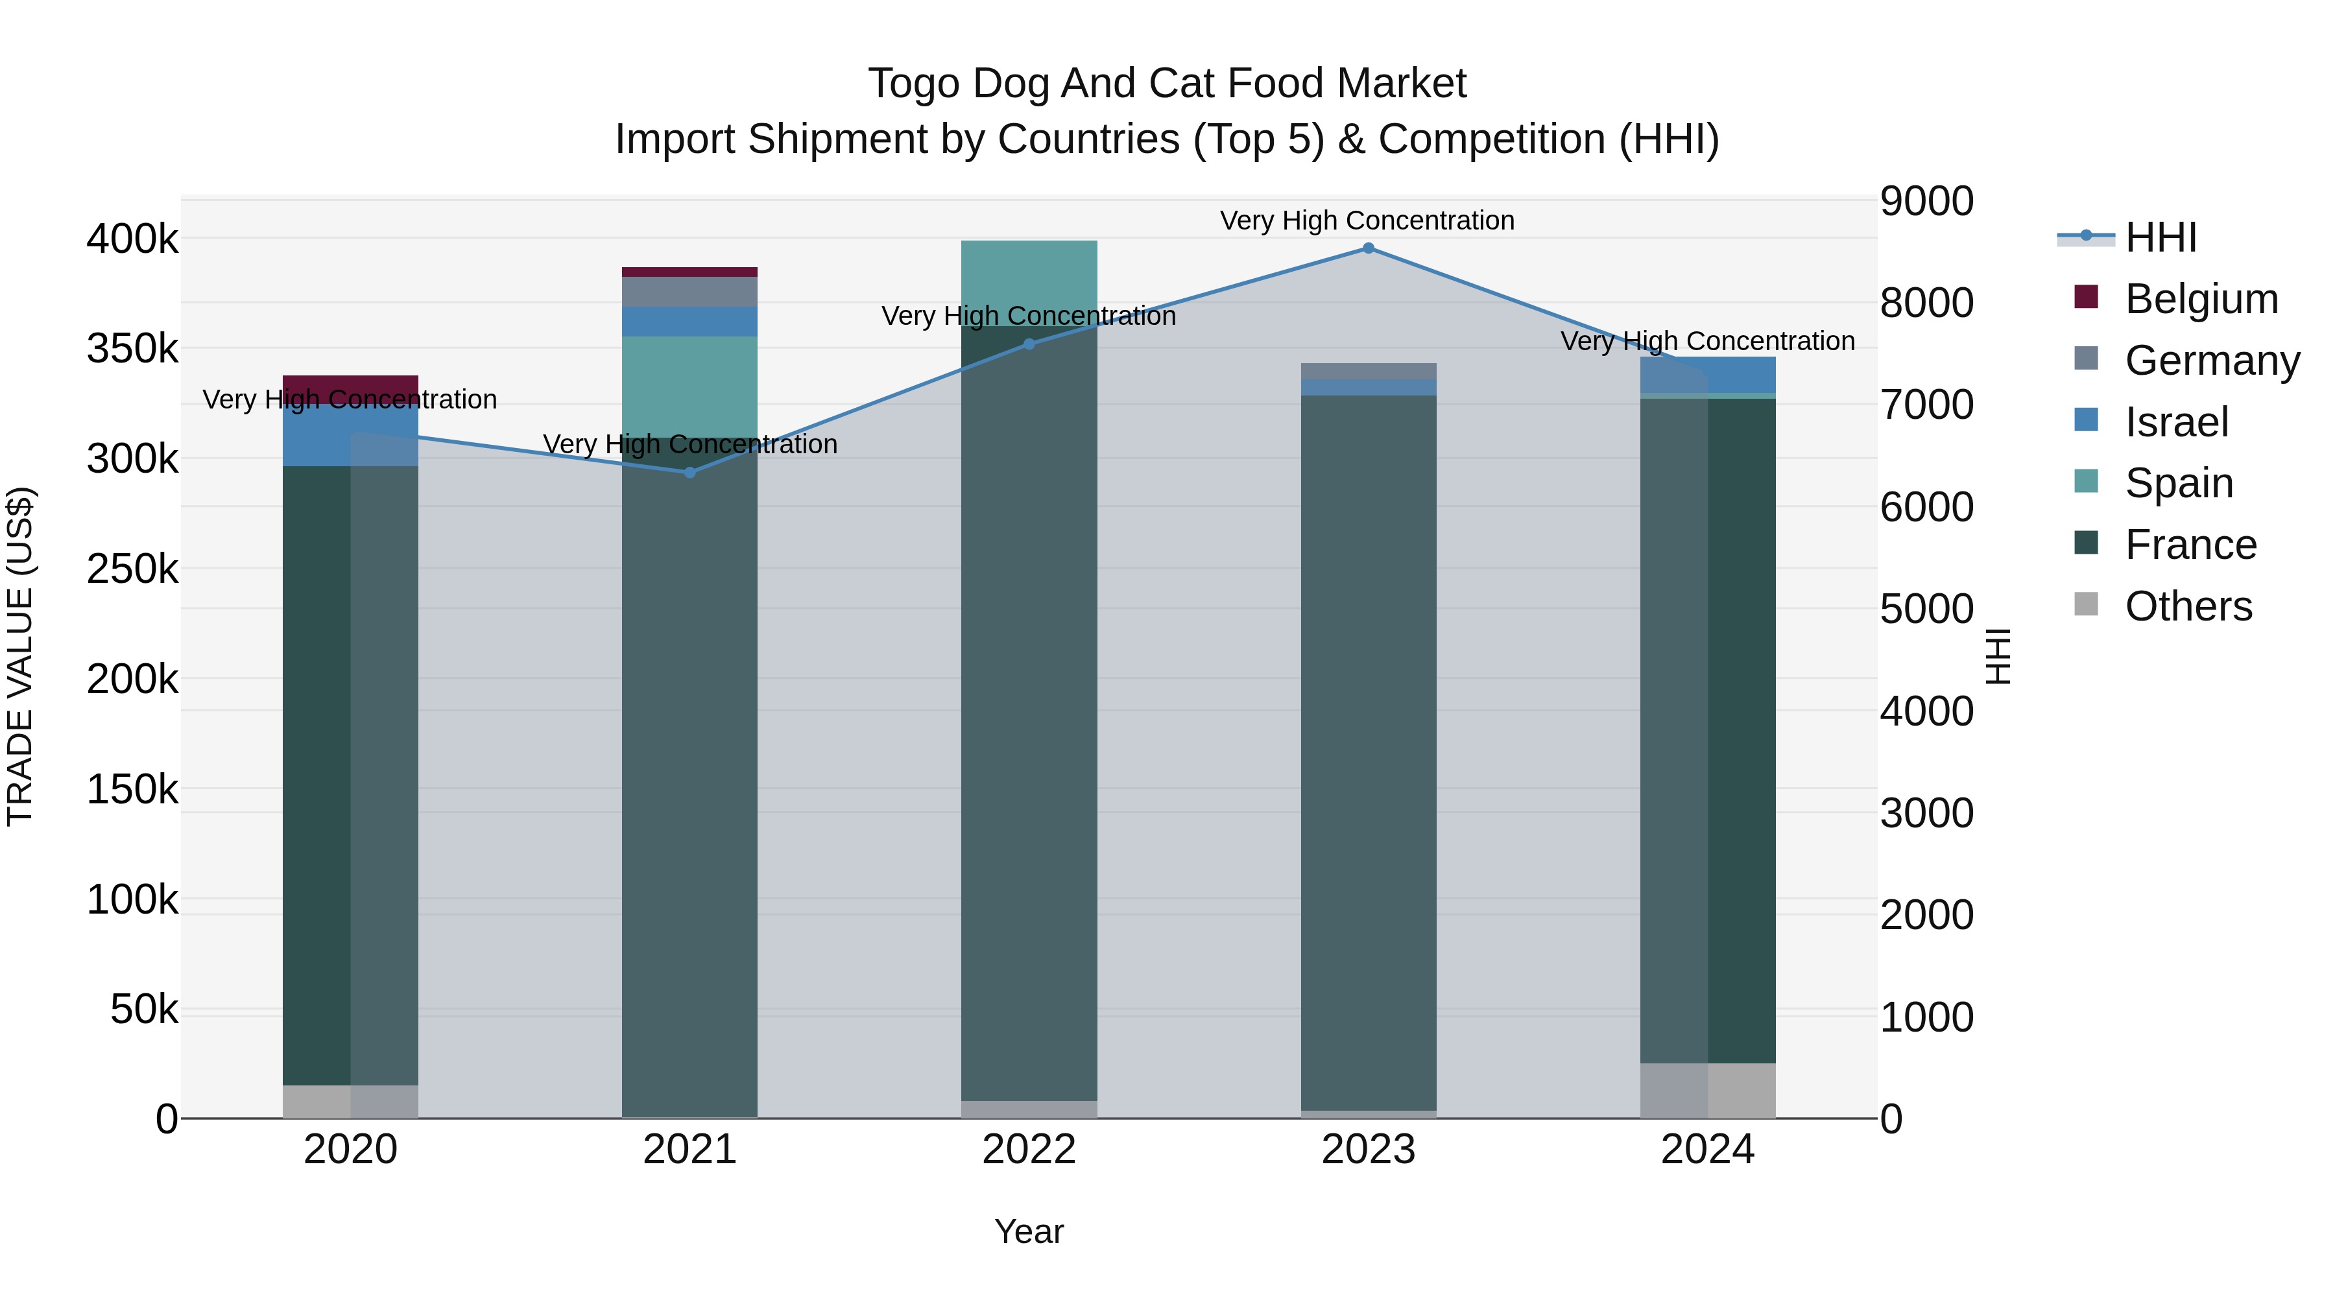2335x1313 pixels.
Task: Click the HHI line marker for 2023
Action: pos(1369,248)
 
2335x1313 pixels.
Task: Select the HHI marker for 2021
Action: pos(690,472)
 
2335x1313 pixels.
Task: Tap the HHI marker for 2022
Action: pos(1029,344)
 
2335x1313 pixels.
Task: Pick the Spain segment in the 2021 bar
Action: pos(690,387)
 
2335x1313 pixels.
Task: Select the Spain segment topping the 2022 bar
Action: pos(1029,272)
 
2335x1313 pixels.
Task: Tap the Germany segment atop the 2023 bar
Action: pos(1369,371)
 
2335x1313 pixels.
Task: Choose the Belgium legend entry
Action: pos(2201,299)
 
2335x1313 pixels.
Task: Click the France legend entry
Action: pos(2190,545)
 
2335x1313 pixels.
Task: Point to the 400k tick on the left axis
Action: pos(132,239)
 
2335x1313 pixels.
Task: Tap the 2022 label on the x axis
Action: pos(1029,1150)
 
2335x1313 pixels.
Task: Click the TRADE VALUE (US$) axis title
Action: pos(20,656)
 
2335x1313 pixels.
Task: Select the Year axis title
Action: pos(1029,1231)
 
